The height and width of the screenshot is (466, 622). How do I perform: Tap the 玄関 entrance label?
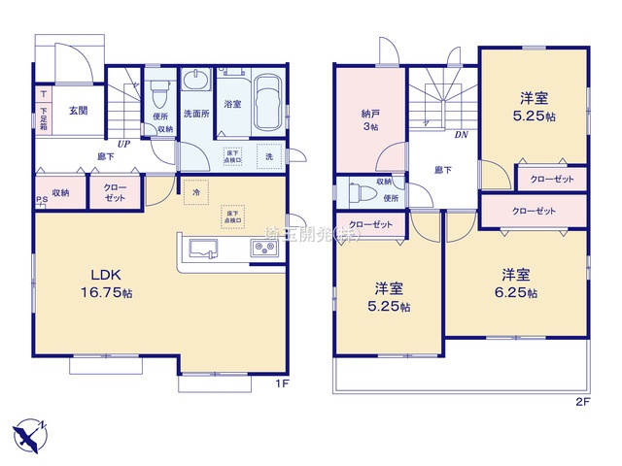79,111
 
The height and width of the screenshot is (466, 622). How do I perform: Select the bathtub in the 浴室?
267,104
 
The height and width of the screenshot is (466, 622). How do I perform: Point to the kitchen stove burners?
264,250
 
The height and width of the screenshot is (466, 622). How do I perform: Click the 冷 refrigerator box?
196,191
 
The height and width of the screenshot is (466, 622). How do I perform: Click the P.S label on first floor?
41,202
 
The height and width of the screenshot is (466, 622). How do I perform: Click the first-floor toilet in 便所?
161,94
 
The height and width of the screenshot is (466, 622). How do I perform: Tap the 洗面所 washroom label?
197,113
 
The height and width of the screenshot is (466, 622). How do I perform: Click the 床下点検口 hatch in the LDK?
232,216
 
